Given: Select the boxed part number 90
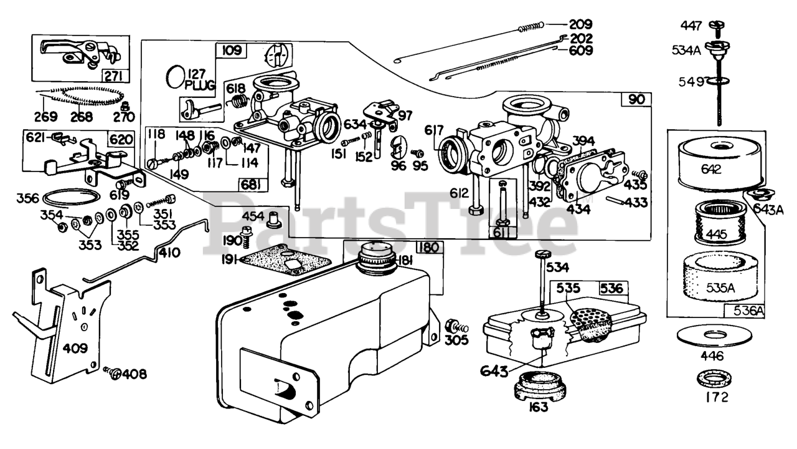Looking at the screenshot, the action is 636,99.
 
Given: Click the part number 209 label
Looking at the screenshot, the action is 581,24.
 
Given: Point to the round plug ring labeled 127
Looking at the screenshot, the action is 176,76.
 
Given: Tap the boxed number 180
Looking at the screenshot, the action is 429,247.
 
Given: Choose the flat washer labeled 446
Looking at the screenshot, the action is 714,336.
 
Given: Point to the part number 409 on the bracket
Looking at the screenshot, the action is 75,348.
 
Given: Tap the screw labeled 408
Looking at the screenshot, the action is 113,373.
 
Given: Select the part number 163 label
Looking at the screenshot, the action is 539,407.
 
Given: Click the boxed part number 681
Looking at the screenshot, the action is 253,185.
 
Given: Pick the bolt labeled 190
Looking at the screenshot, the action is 246,237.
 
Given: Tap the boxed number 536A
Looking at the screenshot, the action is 745,311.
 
